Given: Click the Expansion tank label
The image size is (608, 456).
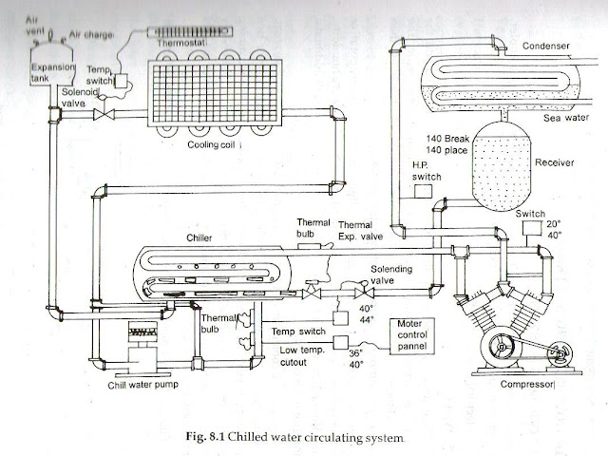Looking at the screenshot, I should point(46,75).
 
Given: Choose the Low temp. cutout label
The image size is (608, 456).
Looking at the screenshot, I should point(297,356).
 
